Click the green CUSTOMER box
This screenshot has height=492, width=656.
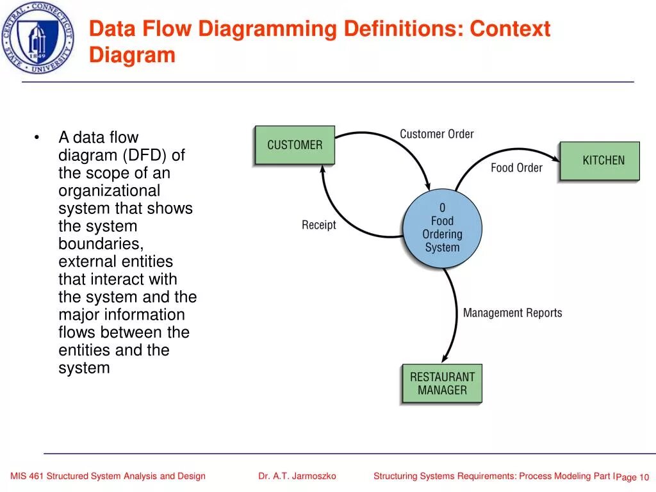pos(295,145)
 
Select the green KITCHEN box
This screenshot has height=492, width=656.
pos(600,161)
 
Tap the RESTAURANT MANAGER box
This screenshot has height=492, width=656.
pos(441,384)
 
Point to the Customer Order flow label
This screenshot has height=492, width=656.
pos(437,134)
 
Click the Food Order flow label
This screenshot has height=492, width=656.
pos(516,168)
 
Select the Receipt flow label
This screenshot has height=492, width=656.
pos(318,225)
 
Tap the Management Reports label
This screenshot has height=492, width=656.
pos(512,313)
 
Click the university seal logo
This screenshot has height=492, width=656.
pos(38,38)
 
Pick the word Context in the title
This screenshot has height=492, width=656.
pos(510,29)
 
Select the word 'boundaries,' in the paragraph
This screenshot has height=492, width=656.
pos(101,244)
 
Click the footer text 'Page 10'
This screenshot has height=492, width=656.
pos(633,477)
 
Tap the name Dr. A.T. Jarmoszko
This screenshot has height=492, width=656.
pos(297,476)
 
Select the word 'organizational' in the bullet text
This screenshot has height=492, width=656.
pos(110,191)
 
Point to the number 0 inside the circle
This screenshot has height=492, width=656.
pos(442,208)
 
